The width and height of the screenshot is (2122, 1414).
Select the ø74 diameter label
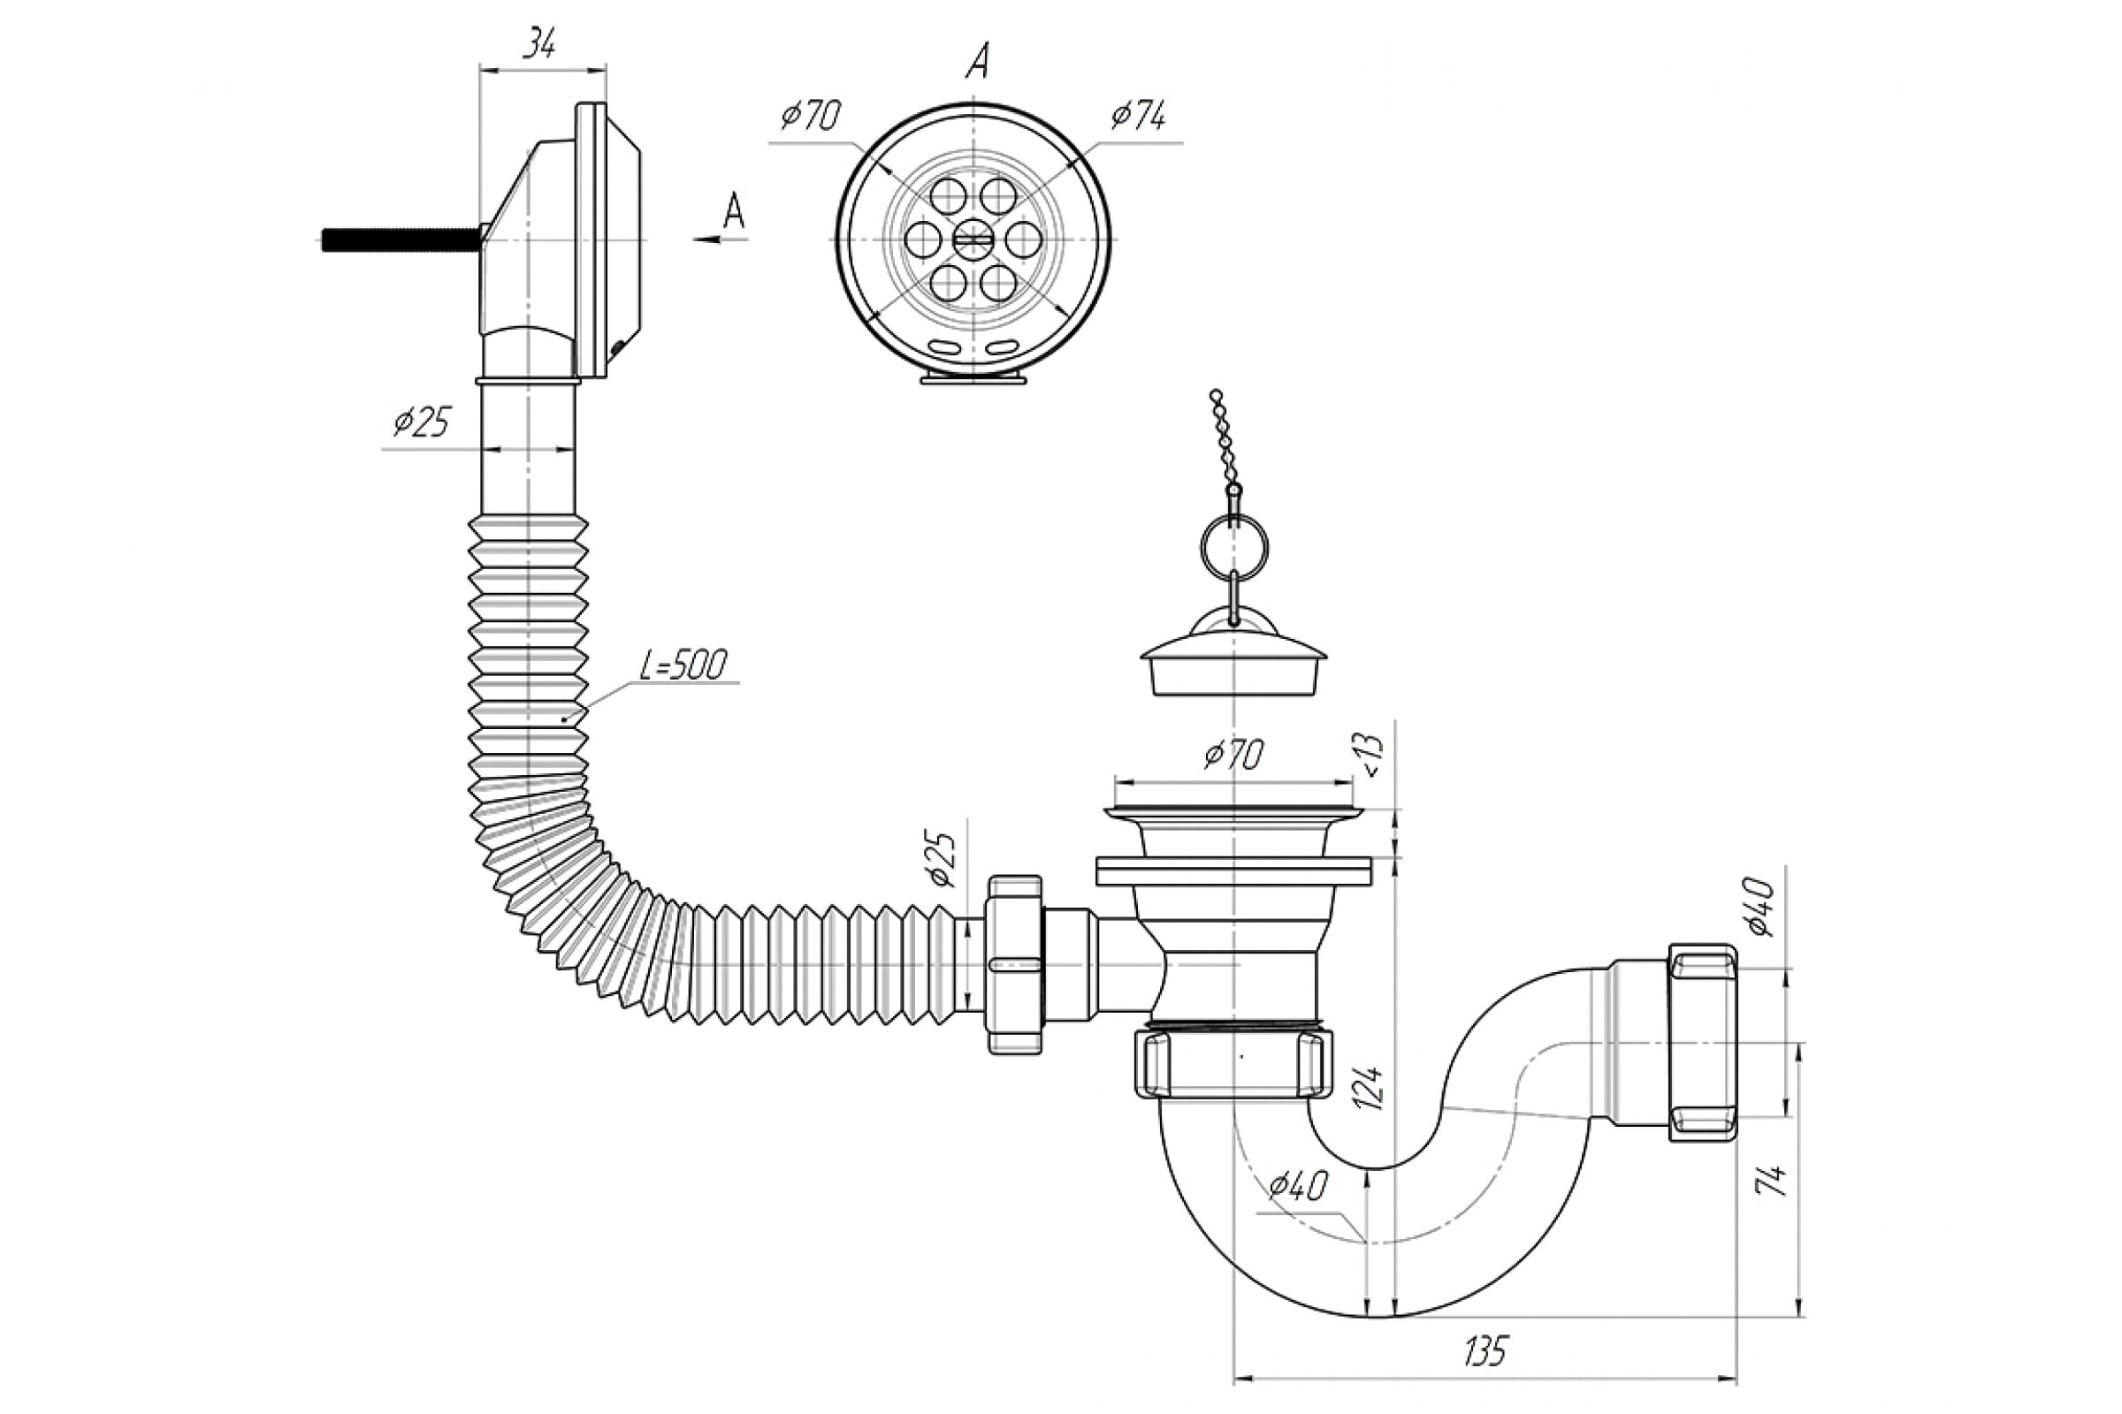tap(1138, 117)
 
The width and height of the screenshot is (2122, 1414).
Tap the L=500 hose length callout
tap(683, 665)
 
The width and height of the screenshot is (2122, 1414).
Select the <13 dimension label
tap(1370, 754)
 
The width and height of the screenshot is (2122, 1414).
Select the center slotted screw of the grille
tap(973, 239)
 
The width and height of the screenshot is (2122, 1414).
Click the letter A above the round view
tap(977, 61)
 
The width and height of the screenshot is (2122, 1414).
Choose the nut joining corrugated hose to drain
tap(1015, 964)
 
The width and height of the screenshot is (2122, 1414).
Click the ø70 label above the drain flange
tap(1233, 754)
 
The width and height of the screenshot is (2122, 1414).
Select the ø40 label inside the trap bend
tap(1297, 1186)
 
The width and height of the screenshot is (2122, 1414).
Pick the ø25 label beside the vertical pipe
tap(422, 422)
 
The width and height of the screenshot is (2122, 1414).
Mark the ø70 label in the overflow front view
tap(810, 117)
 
